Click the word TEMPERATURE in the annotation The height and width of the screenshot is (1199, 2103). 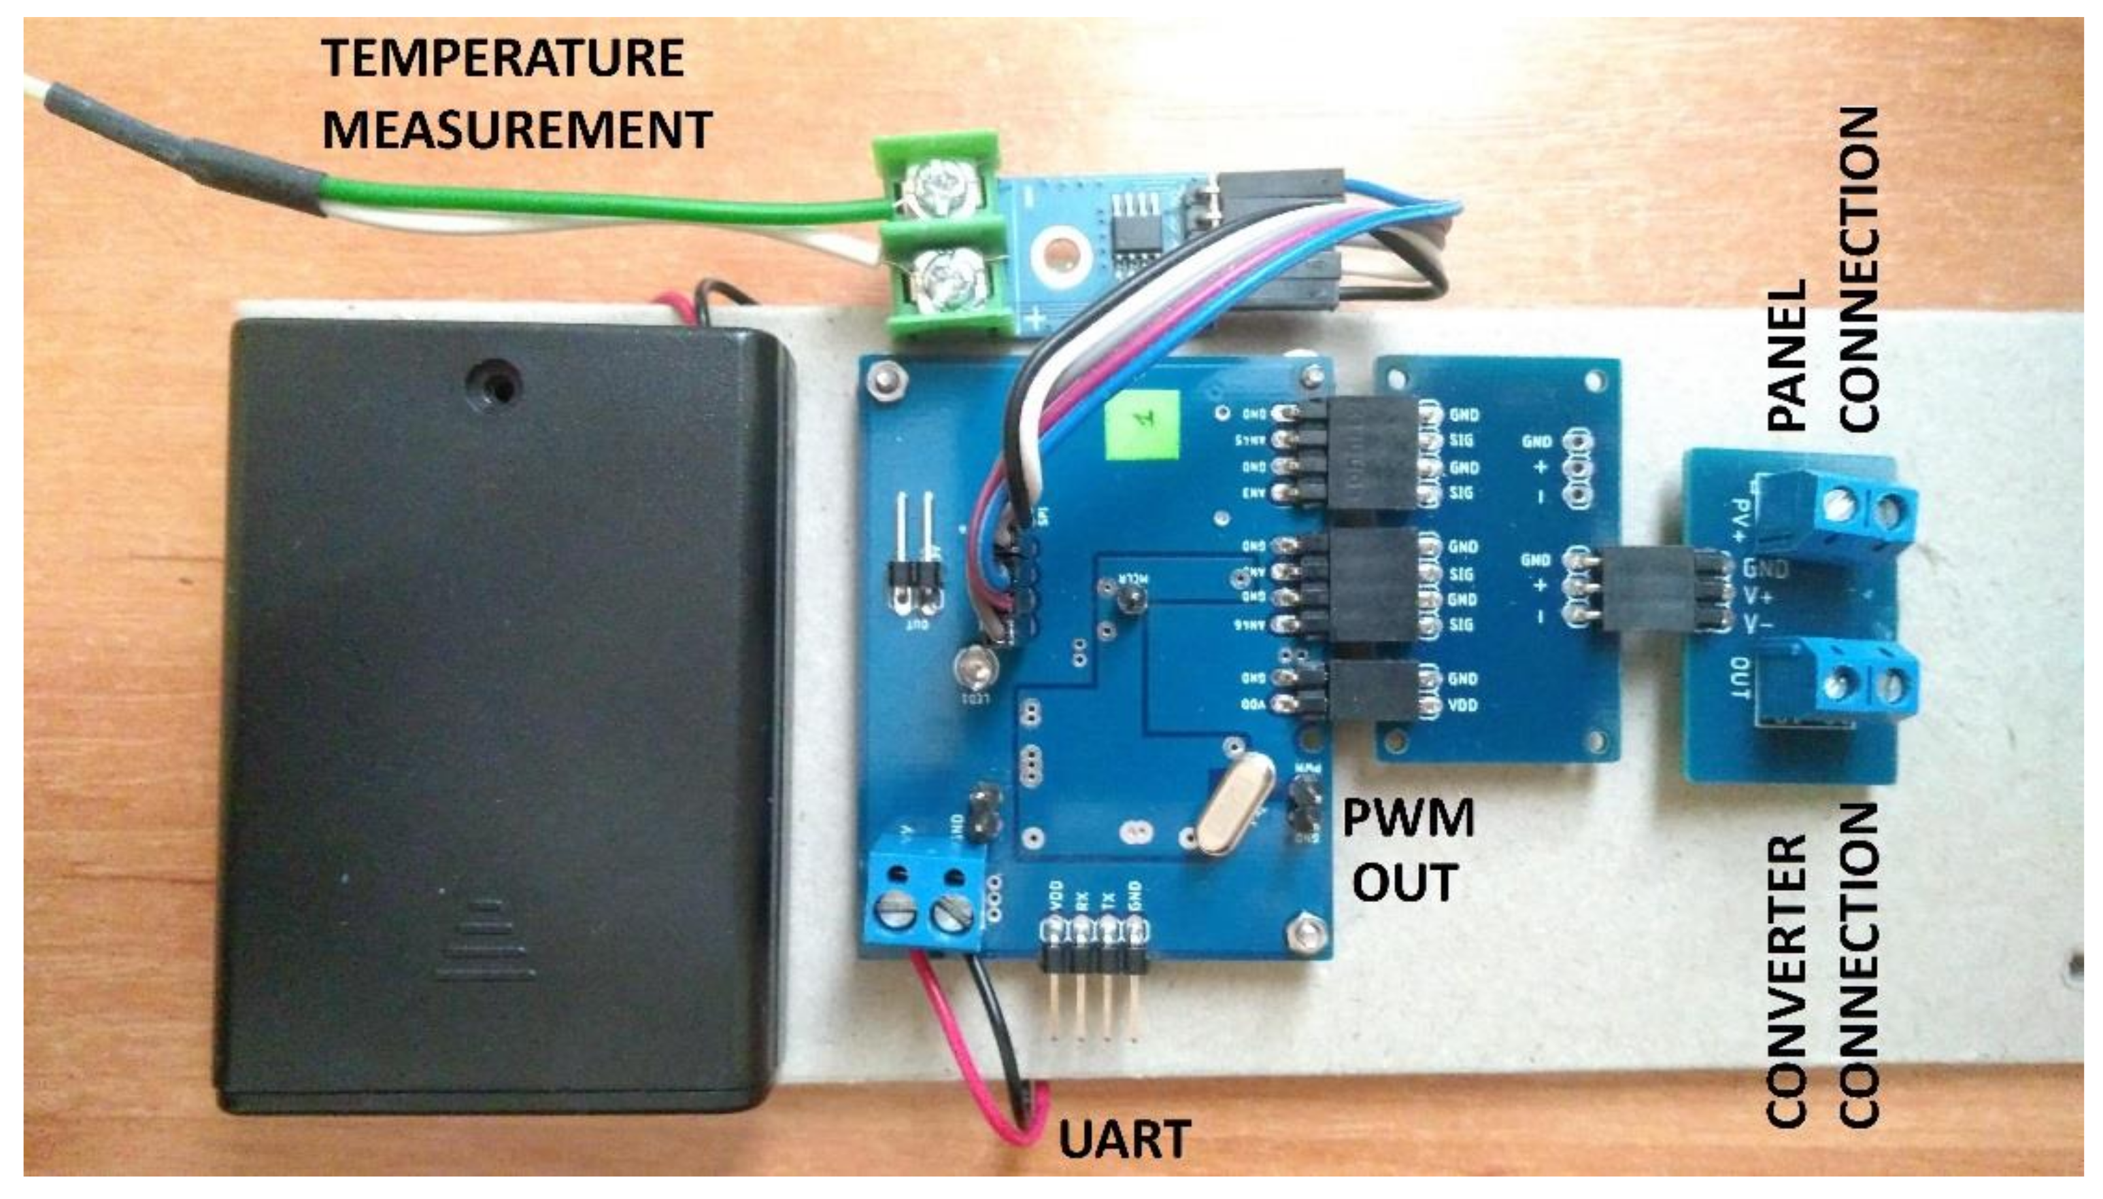[x=503, y=58]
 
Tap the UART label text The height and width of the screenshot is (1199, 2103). [x=1124, y=1139]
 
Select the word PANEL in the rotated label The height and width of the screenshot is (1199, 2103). [x=1787, y=354]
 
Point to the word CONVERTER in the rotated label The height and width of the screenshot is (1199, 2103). [x=1787, y=980]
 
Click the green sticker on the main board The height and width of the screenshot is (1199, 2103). [x=1144, y=424]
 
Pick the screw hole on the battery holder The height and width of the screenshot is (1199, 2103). [x=493, y=384]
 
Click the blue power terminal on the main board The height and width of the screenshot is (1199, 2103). [x=924, y=899]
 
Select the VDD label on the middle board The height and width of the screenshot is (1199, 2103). [x=1463, y=705]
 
